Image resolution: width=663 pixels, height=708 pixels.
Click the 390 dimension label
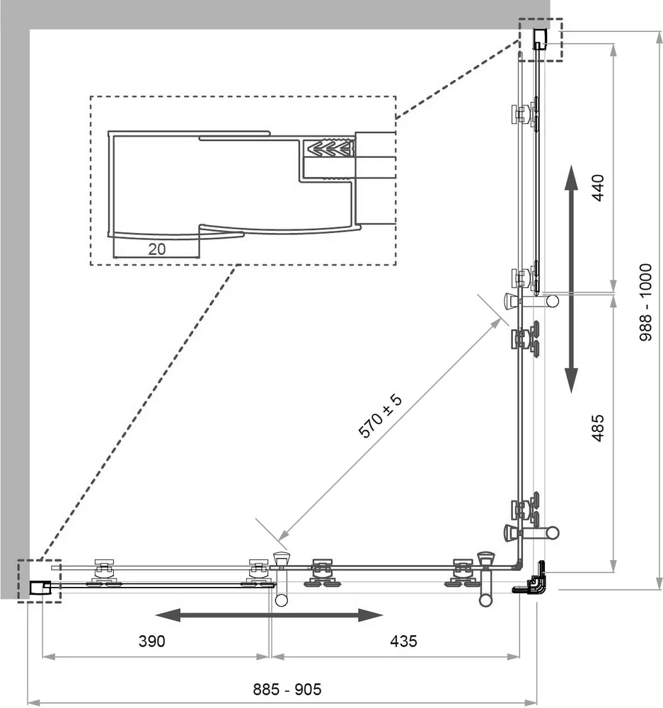coord(151,641)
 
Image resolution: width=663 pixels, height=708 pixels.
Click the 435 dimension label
coord(403,641)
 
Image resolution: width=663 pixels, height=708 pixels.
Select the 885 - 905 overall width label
coord(287,690)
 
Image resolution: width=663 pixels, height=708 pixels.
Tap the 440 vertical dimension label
coord(598,188)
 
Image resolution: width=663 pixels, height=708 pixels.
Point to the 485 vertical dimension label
coord(598,428)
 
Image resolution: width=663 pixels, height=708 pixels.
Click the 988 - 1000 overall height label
coord(646,302)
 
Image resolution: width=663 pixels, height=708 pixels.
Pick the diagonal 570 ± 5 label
coord(379,416)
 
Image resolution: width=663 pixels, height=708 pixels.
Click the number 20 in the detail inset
coord(156,249)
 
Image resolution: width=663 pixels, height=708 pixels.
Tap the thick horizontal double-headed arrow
coord(269,615)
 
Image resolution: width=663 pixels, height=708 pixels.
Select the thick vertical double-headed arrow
coord(572,278)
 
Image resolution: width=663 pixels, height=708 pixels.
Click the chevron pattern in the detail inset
coord(329,148)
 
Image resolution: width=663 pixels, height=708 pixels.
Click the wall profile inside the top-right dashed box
coord(541,39)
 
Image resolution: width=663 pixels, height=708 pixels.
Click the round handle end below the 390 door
coord(281,600)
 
